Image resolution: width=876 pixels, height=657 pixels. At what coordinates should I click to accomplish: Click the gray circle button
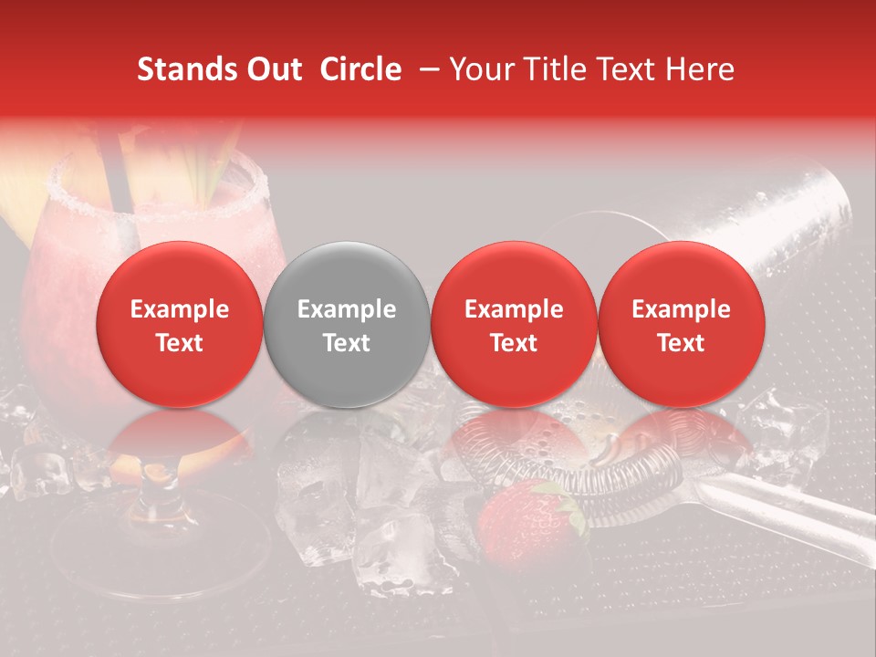[346, 325]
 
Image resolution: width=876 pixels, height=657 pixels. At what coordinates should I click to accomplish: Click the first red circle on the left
[179, 325]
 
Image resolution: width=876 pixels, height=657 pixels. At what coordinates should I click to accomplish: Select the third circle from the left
[514, 325]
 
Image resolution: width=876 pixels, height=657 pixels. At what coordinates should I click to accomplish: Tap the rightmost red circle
[681, 325]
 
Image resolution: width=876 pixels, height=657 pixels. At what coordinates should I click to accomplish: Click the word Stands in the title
[182, 69]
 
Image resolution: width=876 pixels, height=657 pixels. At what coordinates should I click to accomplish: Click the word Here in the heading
[702, 69]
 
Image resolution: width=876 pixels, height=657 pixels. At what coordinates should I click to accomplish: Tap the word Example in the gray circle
[346, 309]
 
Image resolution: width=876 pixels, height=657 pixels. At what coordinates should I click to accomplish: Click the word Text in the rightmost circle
[681, 342]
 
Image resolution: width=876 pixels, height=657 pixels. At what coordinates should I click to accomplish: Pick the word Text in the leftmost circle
[179, 342]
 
